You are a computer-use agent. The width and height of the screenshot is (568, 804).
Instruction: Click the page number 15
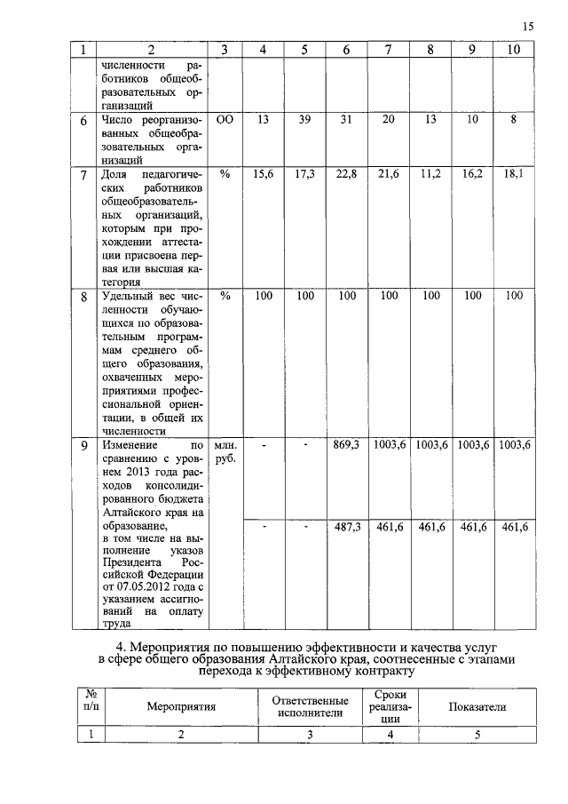[528, 28]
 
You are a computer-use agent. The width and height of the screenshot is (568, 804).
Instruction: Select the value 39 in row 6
[304, 119]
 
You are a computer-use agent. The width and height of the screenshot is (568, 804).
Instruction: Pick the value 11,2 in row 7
[431, 175]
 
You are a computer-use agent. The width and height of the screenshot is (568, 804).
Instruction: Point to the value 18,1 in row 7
[514, 175]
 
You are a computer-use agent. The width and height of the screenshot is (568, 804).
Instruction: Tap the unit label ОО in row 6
[225, 119]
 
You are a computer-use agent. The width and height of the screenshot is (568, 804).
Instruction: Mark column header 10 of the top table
[514, 51]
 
